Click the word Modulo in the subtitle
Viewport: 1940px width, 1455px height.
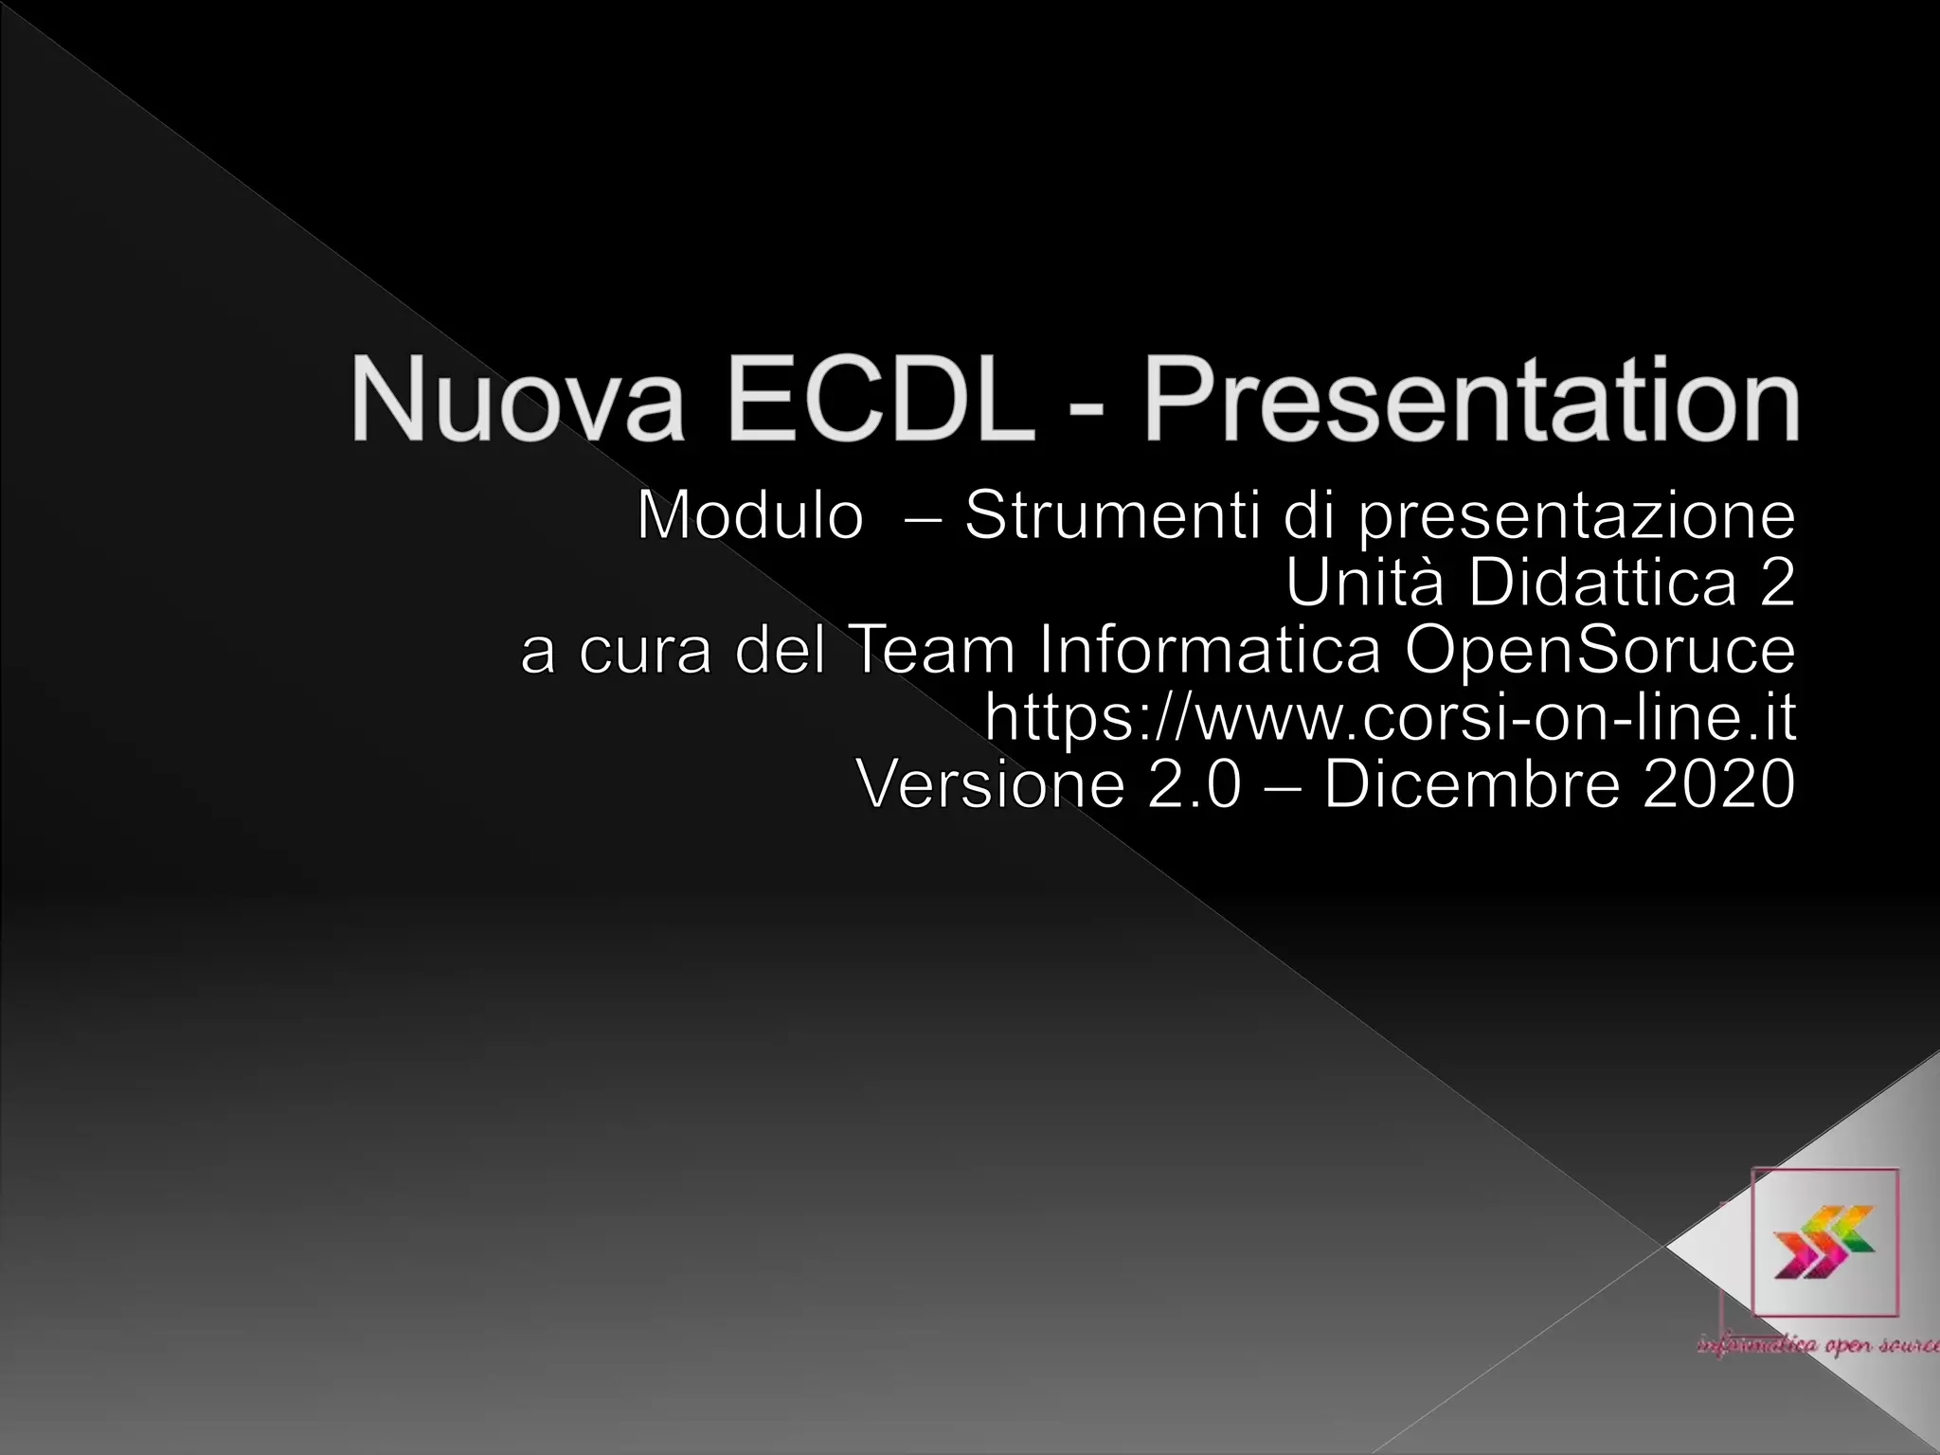750,516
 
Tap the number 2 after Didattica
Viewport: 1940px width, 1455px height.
1776,583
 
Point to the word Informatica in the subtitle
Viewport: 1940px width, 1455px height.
1210,651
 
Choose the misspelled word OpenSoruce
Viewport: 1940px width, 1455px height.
1600,653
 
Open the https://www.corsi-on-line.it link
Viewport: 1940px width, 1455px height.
1390,718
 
